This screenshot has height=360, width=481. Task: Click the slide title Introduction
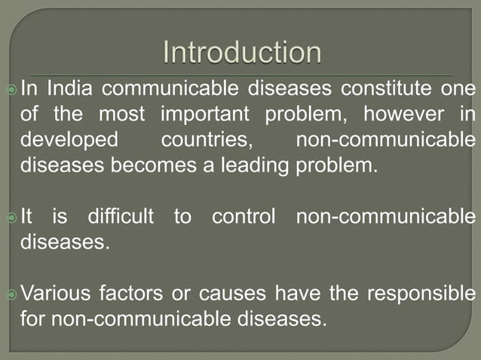pos(242,53)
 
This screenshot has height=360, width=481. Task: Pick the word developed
pos(69,140)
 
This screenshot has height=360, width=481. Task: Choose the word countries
pos(206,140)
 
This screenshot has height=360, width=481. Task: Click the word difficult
pos(120,217)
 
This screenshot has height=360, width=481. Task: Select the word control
pos(245,217)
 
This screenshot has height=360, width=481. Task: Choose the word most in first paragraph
pos(126,115)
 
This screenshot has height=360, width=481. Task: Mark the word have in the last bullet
pos(301,293)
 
